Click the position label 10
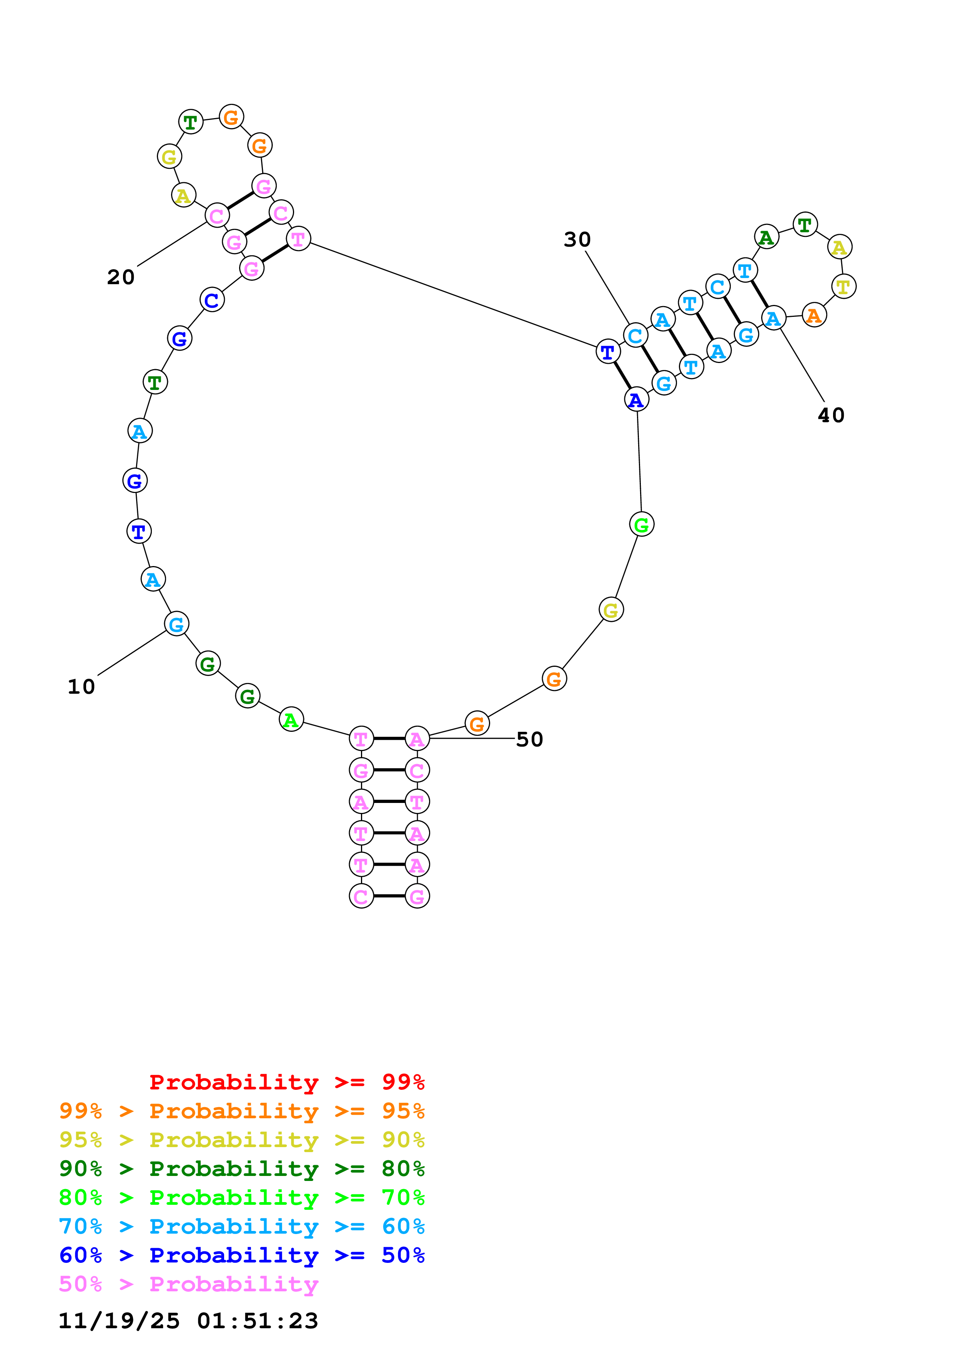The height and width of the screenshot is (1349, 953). (81, 687)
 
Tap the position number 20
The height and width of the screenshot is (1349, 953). (120, 277)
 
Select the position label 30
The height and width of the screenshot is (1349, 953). (577, 240)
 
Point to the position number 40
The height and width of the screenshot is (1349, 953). (830, 415)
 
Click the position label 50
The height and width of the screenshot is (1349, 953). (529, 739)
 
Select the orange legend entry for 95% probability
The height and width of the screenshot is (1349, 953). (241, 1111)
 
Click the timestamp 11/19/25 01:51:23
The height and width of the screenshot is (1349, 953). (188, 1320)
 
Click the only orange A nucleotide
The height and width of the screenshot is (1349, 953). (814, 315)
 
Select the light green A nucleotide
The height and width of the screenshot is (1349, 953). (291, 720)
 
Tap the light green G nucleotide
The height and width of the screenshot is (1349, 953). (641, 524)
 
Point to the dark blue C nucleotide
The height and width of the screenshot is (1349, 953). (212, 300)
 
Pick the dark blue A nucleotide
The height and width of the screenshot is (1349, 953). (636, 400)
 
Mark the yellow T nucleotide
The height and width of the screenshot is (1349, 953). (843, 286)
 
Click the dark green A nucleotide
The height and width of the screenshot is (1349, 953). (766, 237)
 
